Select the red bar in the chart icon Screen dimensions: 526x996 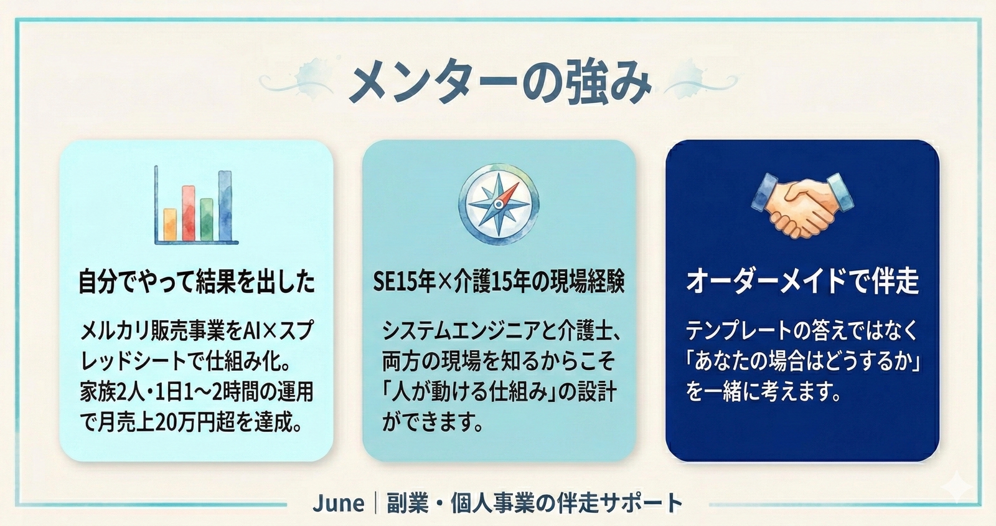(188, 213)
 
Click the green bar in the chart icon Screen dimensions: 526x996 (207, 219)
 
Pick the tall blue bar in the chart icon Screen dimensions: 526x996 (225, 206)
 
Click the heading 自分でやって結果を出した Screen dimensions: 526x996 (197, 282)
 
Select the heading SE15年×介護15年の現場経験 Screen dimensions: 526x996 (498, 282)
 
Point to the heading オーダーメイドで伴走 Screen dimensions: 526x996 (802, 281)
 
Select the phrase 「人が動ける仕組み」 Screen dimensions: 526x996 (467, 393)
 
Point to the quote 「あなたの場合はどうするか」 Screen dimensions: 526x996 (803, 361)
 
